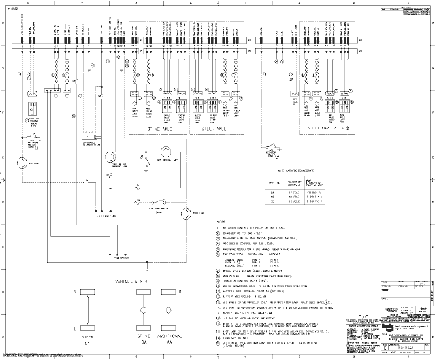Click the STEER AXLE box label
click(214, 129)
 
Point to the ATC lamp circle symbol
click(21, 162)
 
